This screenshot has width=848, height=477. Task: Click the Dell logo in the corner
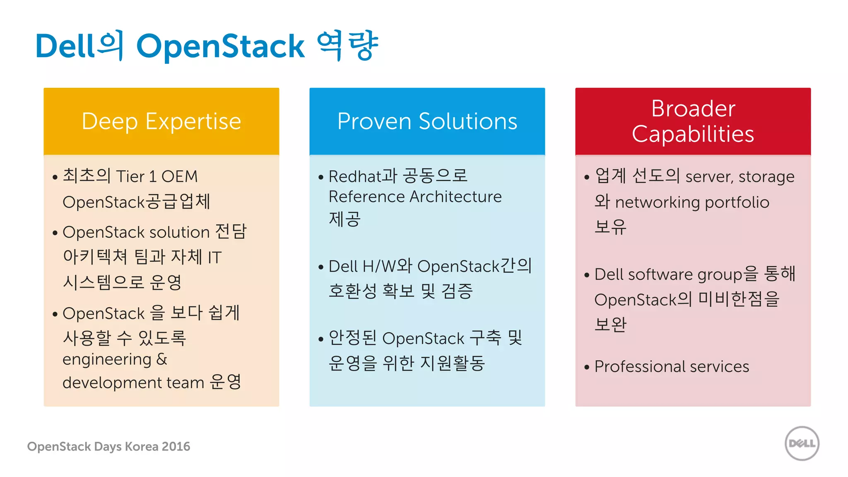[802, 443]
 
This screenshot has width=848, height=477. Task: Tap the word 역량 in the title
[347, 46]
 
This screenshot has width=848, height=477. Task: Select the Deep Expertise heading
[161, 121]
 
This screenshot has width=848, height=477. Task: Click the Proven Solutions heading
[427, 121]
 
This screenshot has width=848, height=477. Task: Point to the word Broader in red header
[693, 108]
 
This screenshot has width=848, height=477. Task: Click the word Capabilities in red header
[693, 134]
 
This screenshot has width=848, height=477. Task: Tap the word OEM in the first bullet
[179, 177]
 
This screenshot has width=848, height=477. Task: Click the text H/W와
[387, 266]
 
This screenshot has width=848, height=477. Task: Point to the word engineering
[107, 359]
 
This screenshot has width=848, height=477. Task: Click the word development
[112, 383]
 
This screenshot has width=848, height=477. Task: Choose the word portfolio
[737, 202]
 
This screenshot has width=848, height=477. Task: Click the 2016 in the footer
[176, 446]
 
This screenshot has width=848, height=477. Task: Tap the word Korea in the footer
[142, 446]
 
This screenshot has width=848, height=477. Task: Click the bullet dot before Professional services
[586, 367]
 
